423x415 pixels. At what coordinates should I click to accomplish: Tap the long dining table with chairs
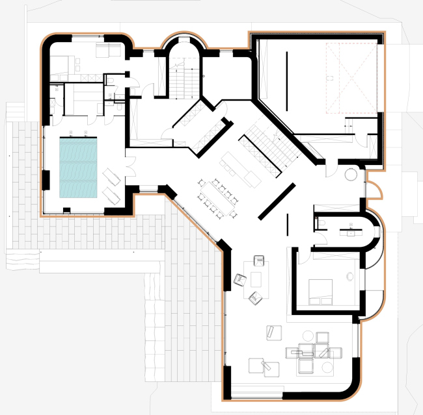click(x=216, y=197)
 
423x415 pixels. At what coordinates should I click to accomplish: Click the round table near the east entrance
click(x=351, y=175)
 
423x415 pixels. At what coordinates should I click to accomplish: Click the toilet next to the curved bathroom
click(x=323, y=224)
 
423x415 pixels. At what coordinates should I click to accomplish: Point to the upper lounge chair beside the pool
click(x=111, y=175)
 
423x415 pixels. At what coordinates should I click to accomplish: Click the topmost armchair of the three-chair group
click(x=258, y=261)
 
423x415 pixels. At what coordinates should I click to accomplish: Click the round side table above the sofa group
click(x=305, y=336)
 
